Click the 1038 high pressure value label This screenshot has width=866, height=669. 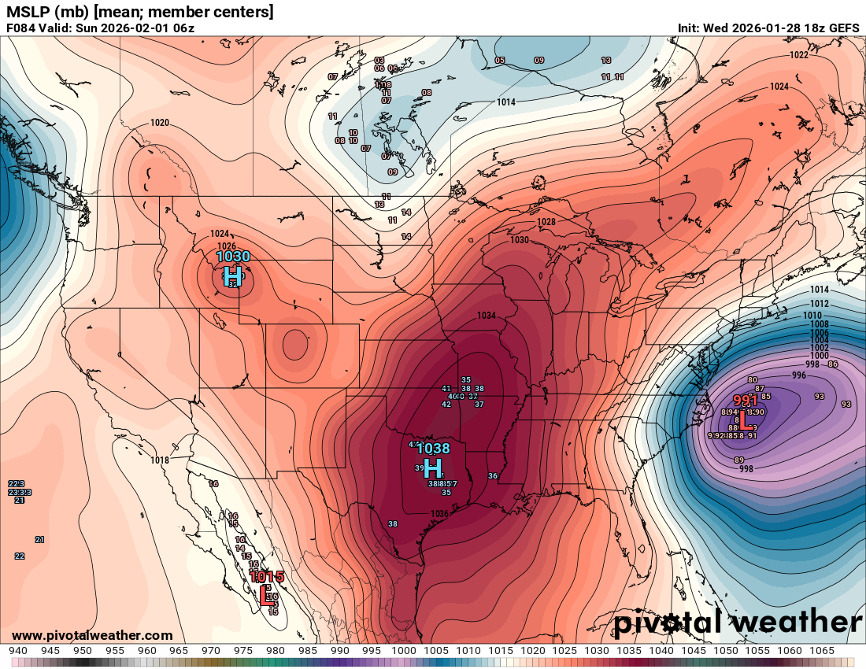(x=434, y=449)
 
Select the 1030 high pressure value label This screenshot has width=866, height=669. (x=233, y=257)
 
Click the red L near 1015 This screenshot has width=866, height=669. (x=264, y=596)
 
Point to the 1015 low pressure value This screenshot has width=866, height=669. (x=266, y=577)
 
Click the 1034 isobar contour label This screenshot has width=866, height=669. (x=487, y=316)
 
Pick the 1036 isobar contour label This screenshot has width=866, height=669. (x=439, y=514)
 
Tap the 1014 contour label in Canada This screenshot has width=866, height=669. (x=506, y=102)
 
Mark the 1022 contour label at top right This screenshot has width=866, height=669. (x=799, y=55)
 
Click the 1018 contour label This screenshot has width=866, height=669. (x=160, y=460)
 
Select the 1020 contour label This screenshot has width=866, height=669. (x=160, y=123)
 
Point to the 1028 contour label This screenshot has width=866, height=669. (x=546, y=222)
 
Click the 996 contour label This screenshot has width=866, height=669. (x=799, y=375)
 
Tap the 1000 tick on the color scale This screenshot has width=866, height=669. (x=404, y=651)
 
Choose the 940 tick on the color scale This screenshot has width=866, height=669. (x=18, y=651)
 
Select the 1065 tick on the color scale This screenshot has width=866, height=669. (x=822, y=651)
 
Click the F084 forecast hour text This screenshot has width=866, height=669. (x=21, y=28)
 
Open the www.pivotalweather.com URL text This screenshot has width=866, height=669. (x=92, y=635)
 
